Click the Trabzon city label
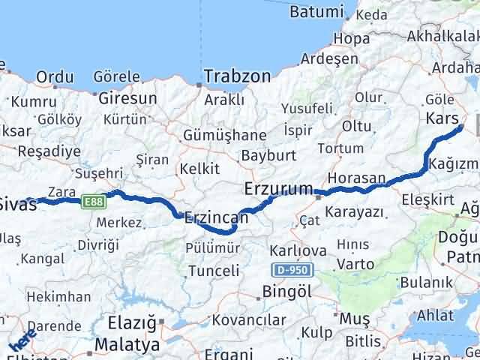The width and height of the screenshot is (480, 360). click(x=238, y=76)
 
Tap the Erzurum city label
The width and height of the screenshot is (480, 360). click(x=278, y=190)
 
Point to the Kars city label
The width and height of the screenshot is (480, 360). click(x=442, y=118)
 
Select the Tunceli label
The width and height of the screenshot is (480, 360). click(x=214, y=271)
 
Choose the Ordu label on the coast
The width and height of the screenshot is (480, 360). click(x=55, y=76)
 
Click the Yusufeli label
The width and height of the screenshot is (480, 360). click(x=307, y=109)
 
